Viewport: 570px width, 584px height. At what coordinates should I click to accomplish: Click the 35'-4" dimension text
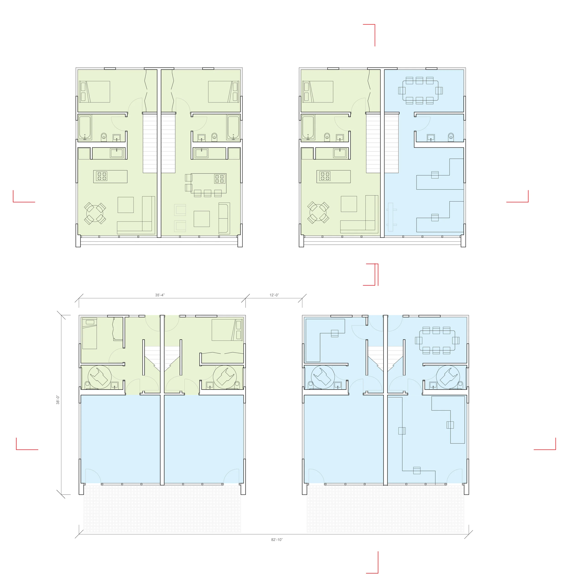[x=160, y=295]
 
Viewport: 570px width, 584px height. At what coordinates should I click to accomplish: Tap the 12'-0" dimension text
[x=274, y=295]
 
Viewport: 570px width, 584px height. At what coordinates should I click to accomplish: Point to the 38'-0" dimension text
[x=58, y=400]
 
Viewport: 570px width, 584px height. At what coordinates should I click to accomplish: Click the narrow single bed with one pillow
[x=90, y=333]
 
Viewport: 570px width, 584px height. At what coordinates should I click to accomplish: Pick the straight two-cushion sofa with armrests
[x=224, y=218]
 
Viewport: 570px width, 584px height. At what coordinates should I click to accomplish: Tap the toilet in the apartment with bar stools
[x=214, y=137]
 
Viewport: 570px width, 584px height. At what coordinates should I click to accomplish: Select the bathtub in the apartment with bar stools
[x=233, y=127]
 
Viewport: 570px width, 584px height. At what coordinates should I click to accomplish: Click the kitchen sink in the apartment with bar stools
[x=202, y=153]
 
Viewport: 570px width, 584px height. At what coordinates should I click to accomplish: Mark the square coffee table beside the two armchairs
[x=202, y=219]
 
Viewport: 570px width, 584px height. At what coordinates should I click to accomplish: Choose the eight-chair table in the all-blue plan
[x=437, y=340]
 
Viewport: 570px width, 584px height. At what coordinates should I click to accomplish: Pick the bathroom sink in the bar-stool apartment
[x=202, y=138]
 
